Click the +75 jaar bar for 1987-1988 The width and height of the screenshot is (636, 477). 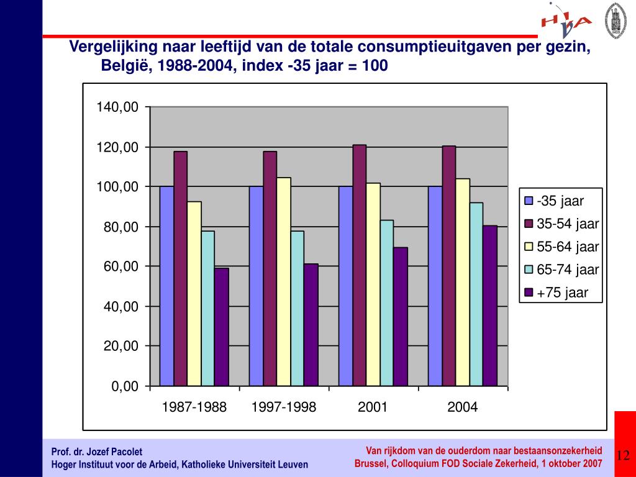222,327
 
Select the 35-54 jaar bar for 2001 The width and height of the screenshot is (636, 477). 360,265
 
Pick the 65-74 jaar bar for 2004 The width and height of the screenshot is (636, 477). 476,294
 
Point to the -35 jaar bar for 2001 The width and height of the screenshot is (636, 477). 345,286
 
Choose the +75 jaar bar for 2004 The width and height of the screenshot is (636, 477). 490,306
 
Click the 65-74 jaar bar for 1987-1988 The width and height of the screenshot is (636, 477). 208,308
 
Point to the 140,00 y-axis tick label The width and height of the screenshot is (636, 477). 117,107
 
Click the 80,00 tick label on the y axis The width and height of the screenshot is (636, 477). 121,227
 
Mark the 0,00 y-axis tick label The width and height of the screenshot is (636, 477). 125,386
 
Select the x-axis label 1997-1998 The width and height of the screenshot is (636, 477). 284,407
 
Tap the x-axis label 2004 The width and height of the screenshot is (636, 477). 463,407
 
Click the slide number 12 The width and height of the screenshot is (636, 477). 623,456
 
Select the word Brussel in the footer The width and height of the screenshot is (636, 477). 370,464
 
